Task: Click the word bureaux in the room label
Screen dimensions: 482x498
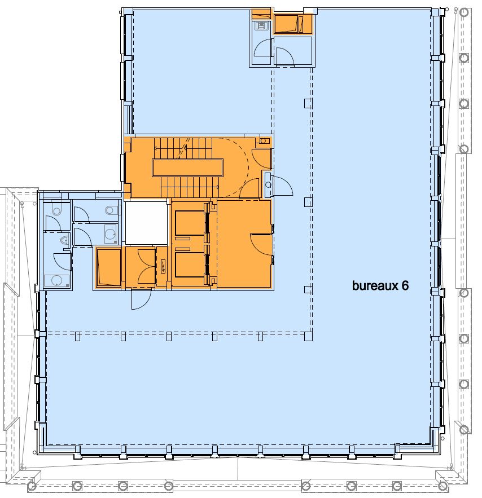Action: pos(375,285)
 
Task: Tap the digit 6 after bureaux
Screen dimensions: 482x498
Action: pos(405,285)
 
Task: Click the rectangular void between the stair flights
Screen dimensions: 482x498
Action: pos(187,168)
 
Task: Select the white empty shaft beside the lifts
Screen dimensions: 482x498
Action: pos(146,222)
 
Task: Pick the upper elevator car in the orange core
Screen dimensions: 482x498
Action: pos(190,223)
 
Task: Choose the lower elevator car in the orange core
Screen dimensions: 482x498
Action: pos(190,265)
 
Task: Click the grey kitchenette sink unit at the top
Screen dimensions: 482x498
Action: pos(261,25)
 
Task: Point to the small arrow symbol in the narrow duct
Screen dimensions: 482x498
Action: pos(163,266)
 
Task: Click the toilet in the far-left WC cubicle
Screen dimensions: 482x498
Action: pos(56,210)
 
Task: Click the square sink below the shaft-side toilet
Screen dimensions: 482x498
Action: pos(110,234)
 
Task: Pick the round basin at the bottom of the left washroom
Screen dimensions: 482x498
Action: pos(56,281)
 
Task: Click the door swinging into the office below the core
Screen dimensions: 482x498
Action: pos(142,299)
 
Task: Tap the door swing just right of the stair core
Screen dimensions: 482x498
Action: pos(283,186)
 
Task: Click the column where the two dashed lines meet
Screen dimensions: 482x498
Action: pos(308,336)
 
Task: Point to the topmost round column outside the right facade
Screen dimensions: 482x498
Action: pos(464,13)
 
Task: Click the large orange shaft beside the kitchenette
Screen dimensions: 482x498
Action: pos(288,24)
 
